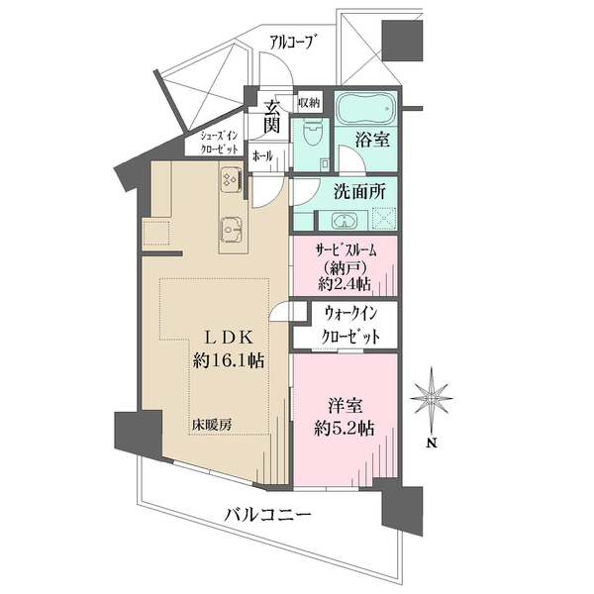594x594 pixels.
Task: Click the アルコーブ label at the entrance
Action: coord(291,43)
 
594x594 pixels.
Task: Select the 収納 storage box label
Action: coord(309,102)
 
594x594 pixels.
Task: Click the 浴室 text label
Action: coord(373,140)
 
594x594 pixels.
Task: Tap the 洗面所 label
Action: coord(359,192)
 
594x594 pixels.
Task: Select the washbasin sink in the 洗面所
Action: coord(344,221)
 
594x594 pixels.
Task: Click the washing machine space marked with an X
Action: coord(384,219)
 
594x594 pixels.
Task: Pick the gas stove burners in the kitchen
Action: coord(231,178)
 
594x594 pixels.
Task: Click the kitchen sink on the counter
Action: coord(231,230)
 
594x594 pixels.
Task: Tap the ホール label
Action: coord(262,156)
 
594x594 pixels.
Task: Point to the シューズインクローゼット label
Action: coord(219,143)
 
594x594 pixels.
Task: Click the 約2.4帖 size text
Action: coord(344,283)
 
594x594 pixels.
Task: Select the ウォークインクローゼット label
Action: coord(350,325)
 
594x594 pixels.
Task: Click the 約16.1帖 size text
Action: coord(229,360)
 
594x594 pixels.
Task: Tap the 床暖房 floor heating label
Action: coord(211,425)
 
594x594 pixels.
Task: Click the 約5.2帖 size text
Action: coord(344,429)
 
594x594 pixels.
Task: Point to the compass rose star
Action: coord(432,398)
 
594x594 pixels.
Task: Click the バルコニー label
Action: coord(268,515)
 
